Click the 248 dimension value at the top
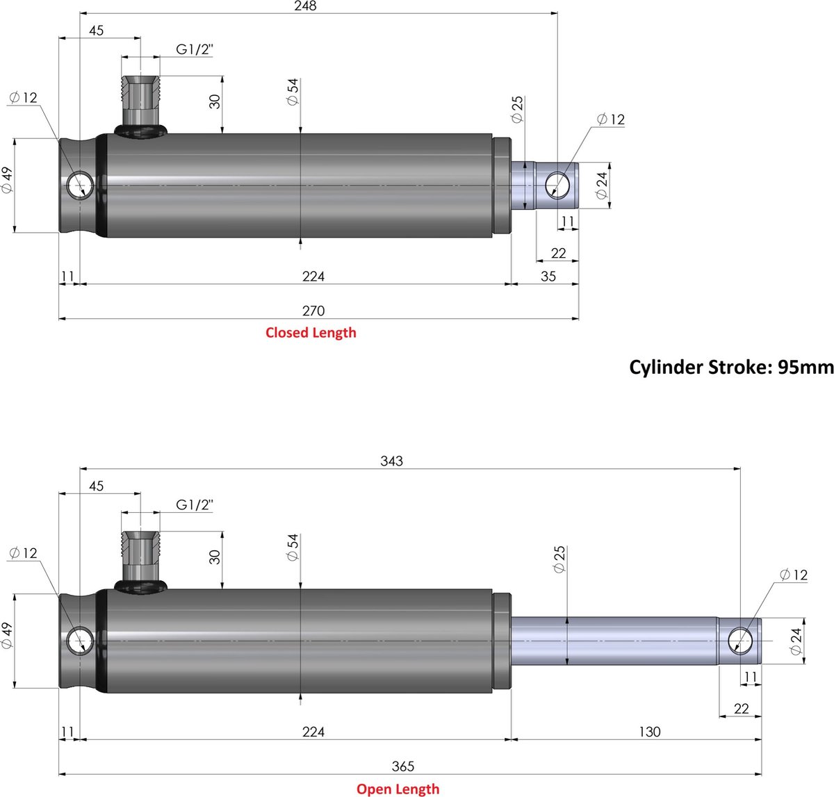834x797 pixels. pos(305,6)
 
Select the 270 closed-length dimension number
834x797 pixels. pos(313,311)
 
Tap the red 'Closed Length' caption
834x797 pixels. pos(311,333)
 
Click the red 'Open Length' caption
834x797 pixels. pos(398,789)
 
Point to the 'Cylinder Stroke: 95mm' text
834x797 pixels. pos(731,367)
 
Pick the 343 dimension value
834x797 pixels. pos(391,461)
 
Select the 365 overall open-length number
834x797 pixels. pos(403,766)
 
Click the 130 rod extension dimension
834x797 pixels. pos(649,732)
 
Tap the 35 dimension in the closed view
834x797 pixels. pos(548,277)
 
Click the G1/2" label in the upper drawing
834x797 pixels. pos(195,50)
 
